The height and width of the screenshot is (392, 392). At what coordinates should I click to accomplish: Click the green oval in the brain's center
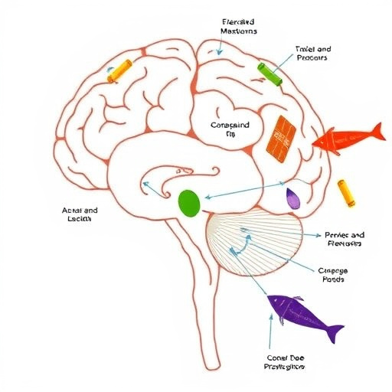(x=188, y=203)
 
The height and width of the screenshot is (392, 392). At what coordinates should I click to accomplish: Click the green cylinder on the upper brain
(x=269, y=72)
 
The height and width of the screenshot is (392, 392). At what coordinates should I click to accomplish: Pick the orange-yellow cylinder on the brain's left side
(x=119, y=70)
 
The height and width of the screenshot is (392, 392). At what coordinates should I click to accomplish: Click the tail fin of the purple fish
(x=335, y=334)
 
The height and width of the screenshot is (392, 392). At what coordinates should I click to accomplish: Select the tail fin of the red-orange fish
(x=373, y=131)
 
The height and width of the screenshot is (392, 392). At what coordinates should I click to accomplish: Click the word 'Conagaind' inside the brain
(x=230, y=125)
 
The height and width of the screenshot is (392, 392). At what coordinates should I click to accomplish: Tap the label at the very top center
(x=239, y=27)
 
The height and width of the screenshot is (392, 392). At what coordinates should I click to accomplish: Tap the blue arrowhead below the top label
(x=220, y=52)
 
